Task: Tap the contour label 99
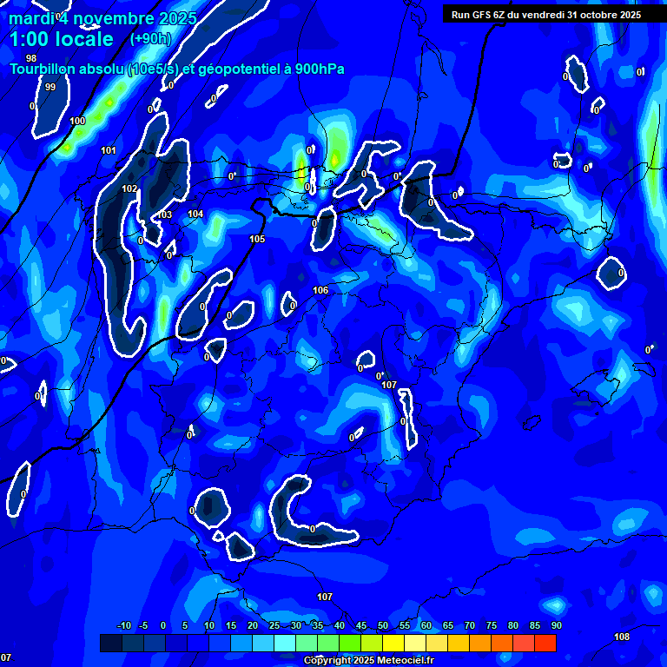tap(50, 87)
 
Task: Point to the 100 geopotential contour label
tap(77, 121)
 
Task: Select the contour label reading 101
tap(109, 150)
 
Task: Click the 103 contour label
tap(165, 215)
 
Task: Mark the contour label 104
tap(195, 214)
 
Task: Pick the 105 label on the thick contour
tap(257, 239)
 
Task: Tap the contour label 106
tap(320, 290)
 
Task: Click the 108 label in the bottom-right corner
tap(622, 637)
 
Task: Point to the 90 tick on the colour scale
tap(556, 625)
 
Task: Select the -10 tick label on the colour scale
tap(123, 625)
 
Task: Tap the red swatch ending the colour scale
tap(545, 643)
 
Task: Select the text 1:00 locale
tap(62, 39)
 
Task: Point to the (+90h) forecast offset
tap(150, 38)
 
